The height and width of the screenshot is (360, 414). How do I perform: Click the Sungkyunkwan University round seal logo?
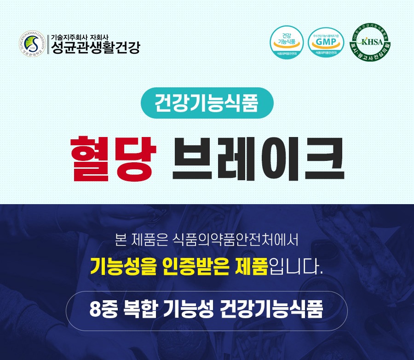34,44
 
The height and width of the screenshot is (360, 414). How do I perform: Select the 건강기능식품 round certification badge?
286,43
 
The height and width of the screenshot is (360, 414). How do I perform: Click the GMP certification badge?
326,43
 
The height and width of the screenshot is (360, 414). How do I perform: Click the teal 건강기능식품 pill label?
207,103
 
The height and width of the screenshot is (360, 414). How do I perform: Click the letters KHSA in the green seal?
372,42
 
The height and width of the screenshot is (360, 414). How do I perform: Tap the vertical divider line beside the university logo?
48,44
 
